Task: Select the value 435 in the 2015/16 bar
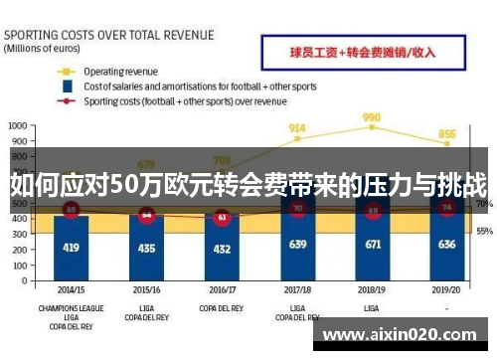click(146, 247)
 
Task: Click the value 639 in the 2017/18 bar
click(297, 244)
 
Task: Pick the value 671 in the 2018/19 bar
click(372, 243)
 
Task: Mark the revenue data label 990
click(372, 116)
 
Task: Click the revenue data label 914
click(297, 128)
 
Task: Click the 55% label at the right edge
click(484, 231)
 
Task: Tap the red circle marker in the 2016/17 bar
click(222, 216)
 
